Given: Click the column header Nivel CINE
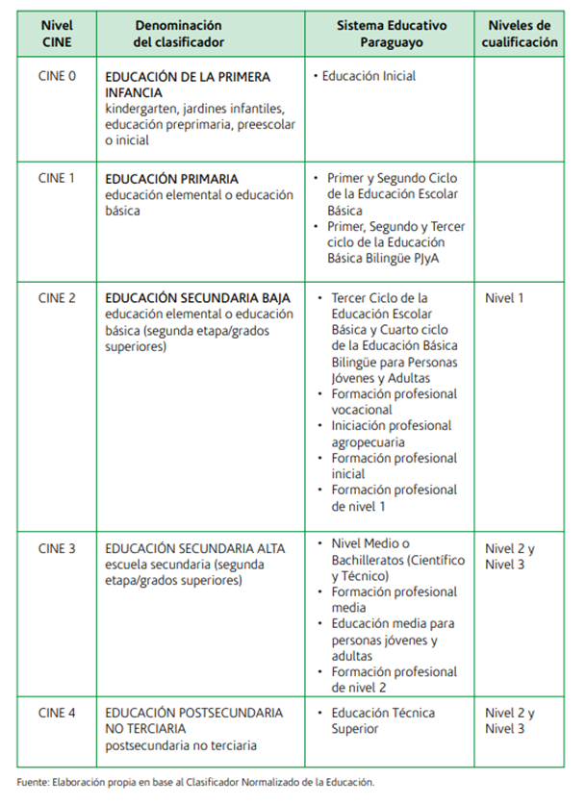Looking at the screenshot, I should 57,34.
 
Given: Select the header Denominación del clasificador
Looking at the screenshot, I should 178,34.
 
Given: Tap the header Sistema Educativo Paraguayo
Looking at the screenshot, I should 390,34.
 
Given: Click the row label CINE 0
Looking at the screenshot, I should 57,75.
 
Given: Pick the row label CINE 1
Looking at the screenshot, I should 57,179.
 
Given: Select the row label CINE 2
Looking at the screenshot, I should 57,298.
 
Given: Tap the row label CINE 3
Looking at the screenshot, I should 57,549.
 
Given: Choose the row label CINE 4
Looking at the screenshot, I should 57,714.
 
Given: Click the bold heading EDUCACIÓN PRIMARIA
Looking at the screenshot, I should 172,179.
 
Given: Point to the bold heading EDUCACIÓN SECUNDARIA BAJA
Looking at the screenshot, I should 198,298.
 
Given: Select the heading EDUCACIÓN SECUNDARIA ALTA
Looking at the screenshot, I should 195,549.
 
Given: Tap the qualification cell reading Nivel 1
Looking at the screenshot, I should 505,298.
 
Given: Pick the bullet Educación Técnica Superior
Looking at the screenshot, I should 383,721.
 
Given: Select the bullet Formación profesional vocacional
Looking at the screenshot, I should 394,402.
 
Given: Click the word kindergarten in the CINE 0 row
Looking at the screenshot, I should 140,109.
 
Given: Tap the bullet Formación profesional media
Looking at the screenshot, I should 394,599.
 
